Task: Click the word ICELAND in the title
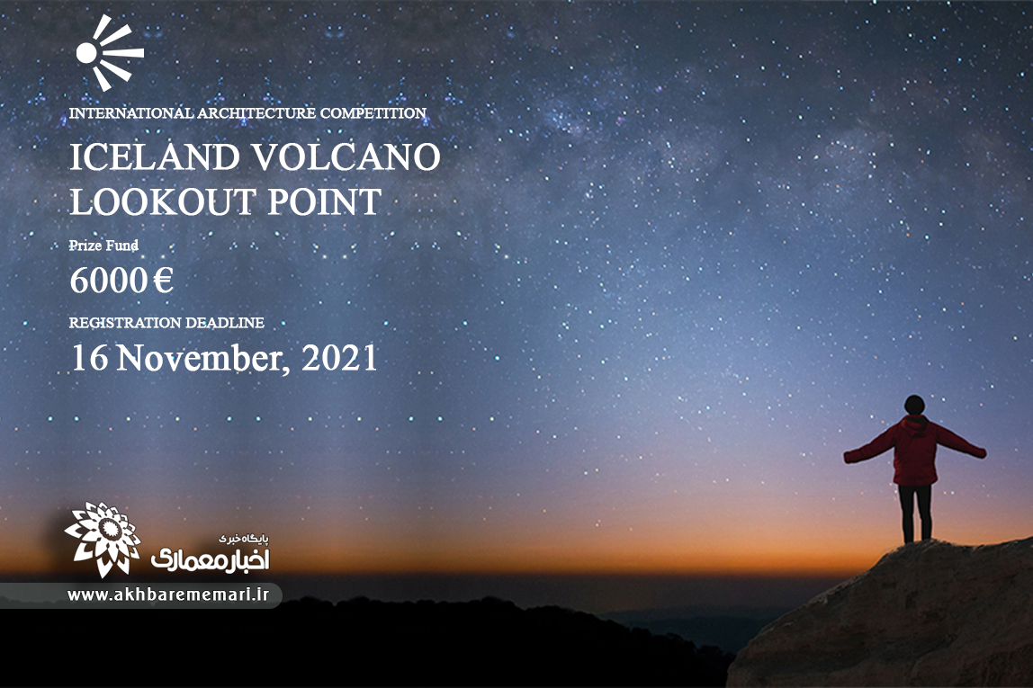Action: (155, 158)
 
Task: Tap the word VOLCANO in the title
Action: (346, 158)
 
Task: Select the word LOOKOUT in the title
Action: (164, 202)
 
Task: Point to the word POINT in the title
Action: (325, 202)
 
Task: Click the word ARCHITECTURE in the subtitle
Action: (257, 113)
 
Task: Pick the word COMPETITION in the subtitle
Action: (373, 113)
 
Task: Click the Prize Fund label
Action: (104, 246)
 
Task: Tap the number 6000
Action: (109, 281)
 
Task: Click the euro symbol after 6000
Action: (164, 281)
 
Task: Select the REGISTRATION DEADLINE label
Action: (166, 323)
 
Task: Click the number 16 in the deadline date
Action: (90, 358)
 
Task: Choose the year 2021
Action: (340, 358)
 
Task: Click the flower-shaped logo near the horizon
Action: (103, 539)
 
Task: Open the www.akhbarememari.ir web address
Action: (168, 594)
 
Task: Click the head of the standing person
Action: (914, 405)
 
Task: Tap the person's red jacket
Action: (914, 451)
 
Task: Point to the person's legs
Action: (915, 514)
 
